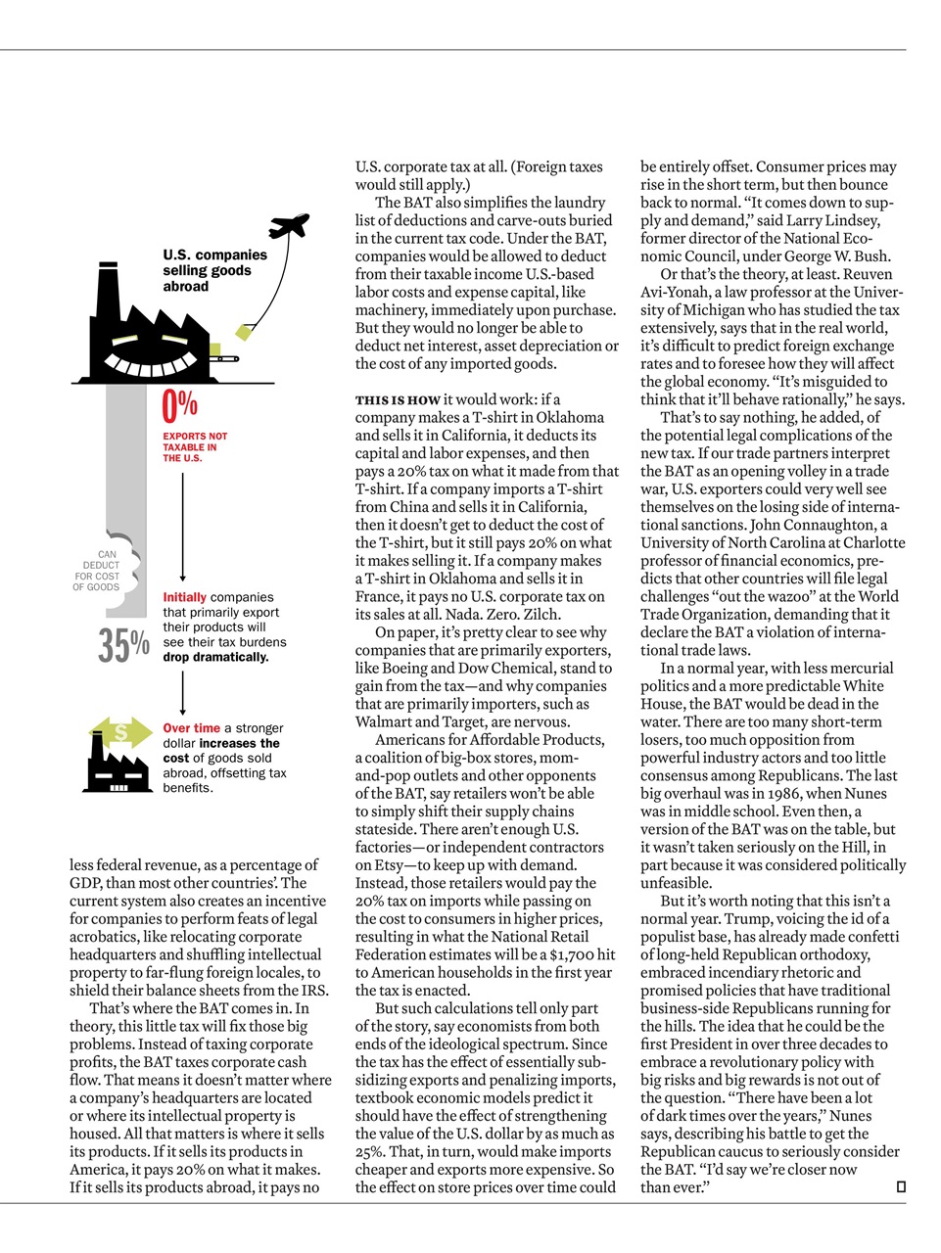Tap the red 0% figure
[x=180, y=403]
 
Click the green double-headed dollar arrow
[x=121, y=730]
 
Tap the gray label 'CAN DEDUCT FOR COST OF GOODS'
[x=96, y=571]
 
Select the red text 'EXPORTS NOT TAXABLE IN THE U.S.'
[x=195, y=447]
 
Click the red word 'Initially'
[x=184, y=597]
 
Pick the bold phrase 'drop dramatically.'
[x=215, y=657]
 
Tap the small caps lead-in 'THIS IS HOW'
[x=398, y=399]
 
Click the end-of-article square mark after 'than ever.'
[x=901, y=1187]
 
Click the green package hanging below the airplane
[x=243, y=335]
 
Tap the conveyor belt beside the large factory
[x=224, y=359]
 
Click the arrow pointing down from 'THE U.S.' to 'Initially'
[x=183, y=529]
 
